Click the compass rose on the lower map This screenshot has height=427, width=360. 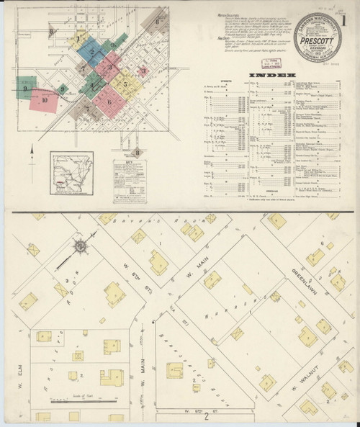coord(81,248)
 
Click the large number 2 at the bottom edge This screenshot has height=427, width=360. coord(205,415)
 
